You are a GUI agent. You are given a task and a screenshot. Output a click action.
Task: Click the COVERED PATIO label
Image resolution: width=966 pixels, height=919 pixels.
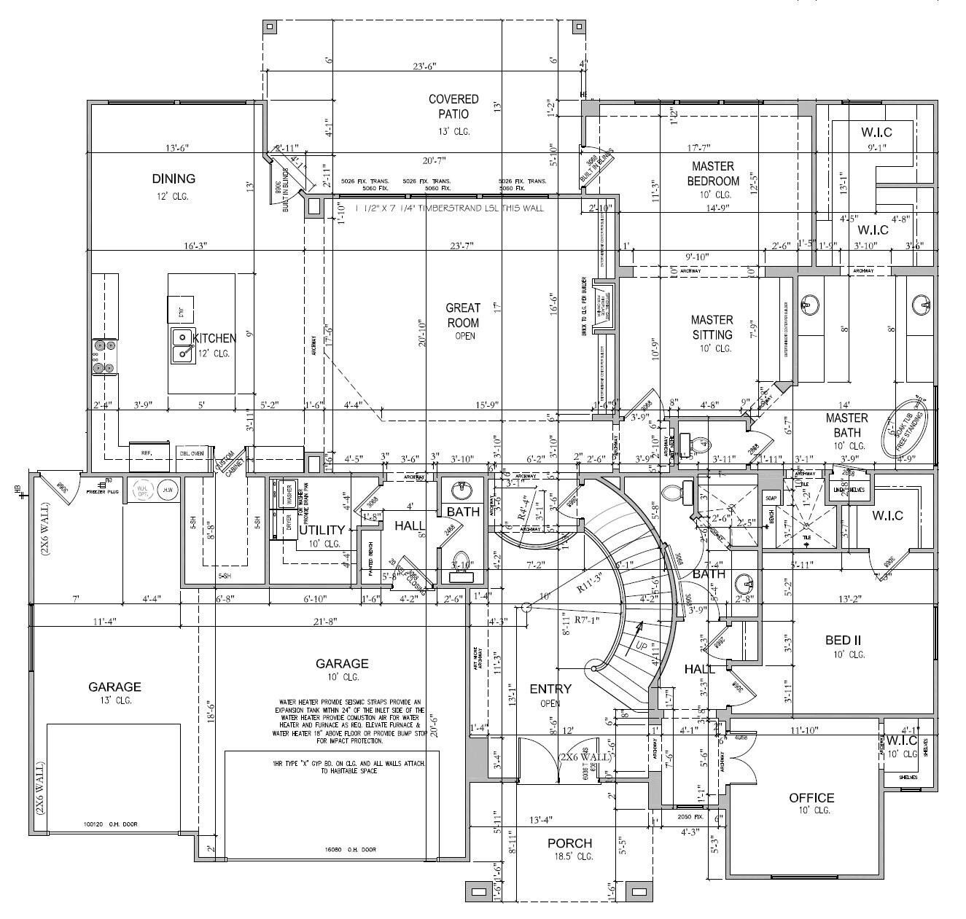click(453, 106)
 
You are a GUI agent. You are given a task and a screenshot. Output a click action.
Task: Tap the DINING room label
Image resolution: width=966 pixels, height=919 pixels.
click(174, 179)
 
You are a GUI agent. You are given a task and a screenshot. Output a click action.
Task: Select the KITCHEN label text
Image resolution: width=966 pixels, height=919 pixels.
click(214, 338)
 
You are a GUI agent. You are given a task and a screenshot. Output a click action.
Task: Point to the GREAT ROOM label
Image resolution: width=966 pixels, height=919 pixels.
click(464, 315)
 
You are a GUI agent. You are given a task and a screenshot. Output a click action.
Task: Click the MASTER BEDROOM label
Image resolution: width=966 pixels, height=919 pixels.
click(713, 173)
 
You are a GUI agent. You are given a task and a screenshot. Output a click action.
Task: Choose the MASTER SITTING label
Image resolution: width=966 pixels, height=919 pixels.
click(712, 327)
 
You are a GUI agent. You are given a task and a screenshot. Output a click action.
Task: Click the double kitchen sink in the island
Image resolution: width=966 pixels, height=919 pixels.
click(182, 345)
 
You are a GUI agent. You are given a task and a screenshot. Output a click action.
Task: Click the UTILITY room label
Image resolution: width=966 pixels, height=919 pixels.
click(322, 530)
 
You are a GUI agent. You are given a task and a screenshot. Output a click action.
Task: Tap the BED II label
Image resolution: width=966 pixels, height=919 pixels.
click(844, 640)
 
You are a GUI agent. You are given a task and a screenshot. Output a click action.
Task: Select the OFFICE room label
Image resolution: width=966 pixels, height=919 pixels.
click(811, 798)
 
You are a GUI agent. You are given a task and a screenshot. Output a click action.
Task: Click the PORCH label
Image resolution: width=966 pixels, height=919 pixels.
click(570, 843)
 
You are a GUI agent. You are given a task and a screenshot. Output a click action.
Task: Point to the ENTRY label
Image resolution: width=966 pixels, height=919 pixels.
click(550, 689)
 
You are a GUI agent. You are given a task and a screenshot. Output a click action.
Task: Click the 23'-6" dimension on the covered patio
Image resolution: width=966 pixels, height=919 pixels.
click(424, 66)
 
